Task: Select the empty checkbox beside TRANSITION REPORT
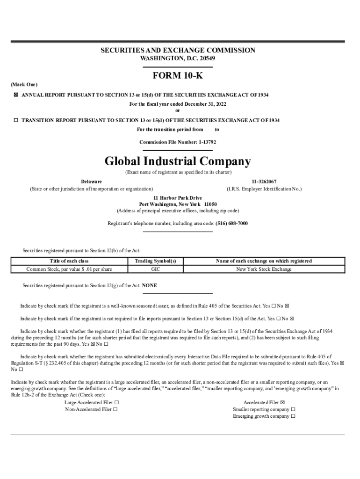[x=16, y=120]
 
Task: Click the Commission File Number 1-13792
[x=178, y=142]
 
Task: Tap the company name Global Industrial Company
[x=178, y=161]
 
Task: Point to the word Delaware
[x=91, y=181]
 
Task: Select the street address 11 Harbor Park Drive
[x=178, y=198]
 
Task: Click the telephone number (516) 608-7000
[x=231, y=224]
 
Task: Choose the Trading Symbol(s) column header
[x=155, y=261]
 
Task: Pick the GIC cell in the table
[x=155, y=269]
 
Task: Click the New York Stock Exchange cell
[x=264, y=269]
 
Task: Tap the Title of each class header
[x=69, y=261]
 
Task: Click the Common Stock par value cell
[x=69, y=269]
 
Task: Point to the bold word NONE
[x=150, y=285]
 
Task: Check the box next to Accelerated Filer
[x=282, y=402]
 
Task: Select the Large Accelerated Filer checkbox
[x=116, y=402]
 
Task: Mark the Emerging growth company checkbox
[x=293, y=416]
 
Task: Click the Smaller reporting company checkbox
[x=293, y=409]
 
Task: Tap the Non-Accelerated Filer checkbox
[x=115, y=409]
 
